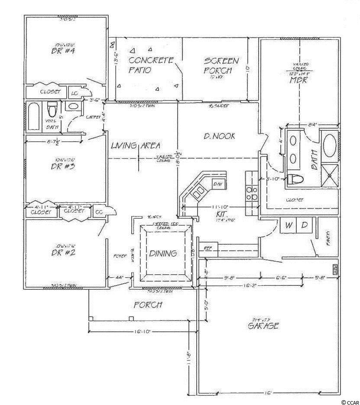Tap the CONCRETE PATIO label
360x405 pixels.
click(145, 65)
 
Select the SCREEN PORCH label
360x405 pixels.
click(221, 65)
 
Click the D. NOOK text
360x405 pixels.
click(219, 136)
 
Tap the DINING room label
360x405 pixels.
click(164, 253)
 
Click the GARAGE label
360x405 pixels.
click(263, 326)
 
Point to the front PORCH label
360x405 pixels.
click(148, 305)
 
